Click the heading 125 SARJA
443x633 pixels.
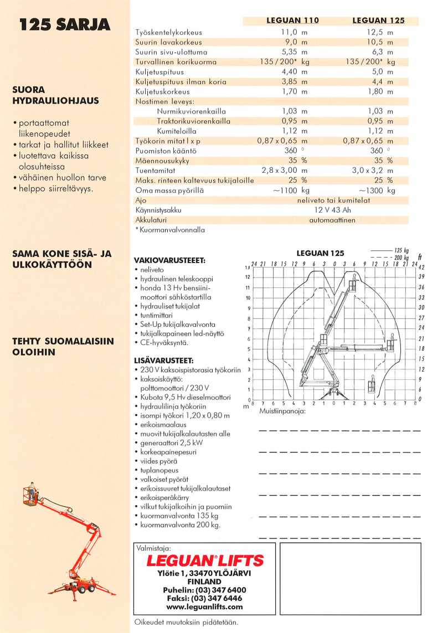pos(64,24)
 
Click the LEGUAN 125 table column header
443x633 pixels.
pos(378,20)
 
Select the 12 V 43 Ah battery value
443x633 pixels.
pos(332,210)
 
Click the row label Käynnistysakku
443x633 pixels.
pos(158,210)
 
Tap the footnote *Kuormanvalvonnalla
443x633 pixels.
pos(170,230)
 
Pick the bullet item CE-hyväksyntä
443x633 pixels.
pos(164,343)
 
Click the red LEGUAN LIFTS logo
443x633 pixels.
pos(204,560)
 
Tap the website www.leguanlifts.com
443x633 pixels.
pos(204,607)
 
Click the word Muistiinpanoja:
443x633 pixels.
pos(282,411)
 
